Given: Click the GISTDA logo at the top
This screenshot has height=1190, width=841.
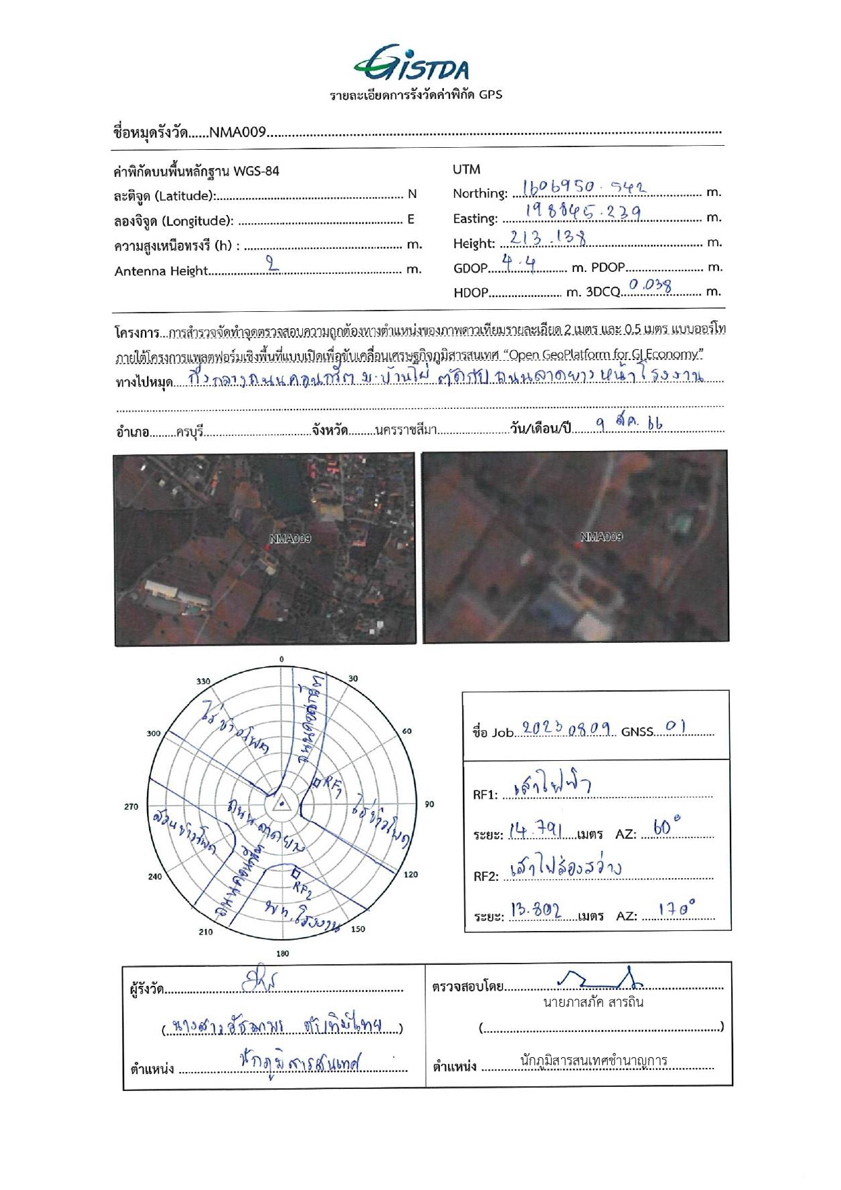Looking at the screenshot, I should (411, 64).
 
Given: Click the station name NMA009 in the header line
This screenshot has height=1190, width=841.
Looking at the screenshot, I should (237, 132).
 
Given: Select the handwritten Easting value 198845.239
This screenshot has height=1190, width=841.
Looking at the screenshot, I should (583, 213).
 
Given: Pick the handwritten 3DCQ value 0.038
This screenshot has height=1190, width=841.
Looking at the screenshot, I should (650, 285).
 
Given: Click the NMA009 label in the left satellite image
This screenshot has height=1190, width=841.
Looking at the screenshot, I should (290, 538).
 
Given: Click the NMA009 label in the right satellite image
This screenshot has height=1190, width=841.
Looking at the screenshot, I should (601, 536).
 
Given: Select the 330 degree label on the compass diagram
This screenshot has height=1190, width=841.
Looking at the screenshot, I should (203, 681).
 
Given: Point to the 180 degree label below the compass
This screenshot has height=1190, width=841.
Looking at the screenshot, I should (283, 953).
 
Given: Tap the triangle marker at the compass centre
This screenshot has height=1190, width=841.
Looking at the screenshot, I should (281, 805).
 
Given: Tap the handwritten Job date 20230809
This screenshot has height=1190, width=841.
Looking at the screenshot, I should (568, 729).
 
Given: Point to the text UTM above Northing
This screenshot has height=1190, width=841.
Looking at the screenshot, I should (466, 170).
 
